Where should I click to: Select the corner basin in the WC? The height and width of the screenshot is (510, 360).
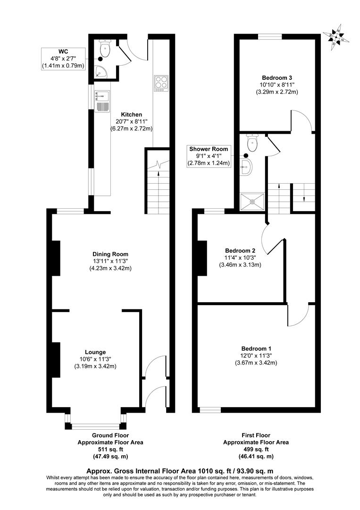101,72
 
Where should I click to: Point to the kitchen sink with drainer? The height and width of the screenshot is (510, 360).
101,100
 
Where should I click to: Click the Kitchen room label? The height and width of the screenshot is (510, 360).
131,115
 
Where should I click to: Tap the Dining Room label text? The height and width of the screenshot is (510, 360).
110,255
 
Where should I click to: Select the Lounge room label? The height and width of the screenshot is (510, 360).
95,352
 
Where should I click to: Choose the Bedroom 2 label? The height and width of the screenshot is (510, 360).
240,250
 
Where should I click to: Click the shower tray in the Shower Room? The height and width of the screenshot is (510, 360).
252,201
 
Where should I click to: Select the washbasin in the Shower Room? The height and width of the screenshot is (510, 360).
247,166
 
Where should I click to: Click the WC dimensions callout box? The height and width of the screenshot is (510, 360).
63,59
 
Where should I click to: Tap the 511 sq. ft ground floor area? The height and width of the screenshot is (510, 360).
110,450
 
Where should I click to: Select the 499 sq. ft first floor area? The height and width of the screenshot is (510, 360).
256,450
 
